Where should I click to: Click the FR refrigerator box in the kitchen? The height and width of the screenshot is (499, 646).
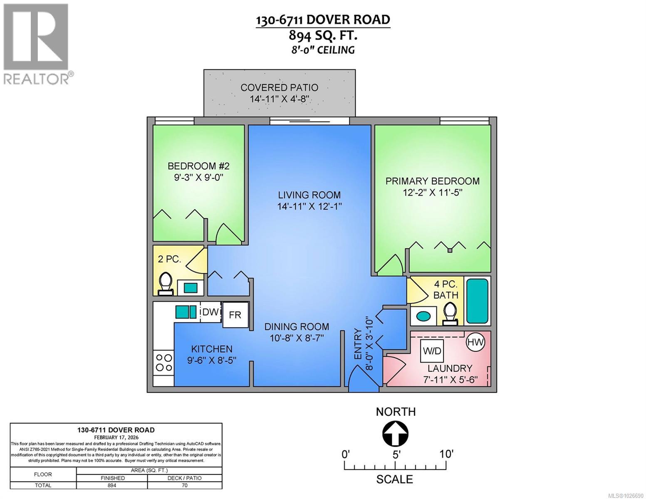coord(235,315)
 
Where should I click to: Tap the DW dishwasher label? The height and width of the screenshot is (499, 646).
coord(210,312)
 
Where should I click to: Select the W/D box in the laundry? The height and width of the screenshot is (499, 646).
coord(432,351)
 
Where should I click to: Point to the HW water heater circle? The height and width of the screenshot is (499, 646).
coord(476,343)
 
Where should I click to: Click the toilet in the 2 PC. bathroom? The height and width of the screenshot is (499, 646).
coord(166,284)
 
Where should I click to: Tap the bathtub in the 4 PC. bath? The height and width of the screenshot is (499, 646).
coord(477,301)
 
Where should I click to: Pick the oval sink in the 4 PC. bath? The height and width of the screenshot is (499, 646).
coord(423,316)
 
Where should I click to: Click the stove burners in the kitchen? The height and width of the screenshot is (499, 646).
coord(163,362)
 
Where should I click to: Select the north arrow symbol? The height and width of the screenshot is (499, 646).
coord(395,433)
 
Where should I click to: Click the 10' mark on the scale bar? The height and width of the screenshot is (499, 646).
coord(446,454)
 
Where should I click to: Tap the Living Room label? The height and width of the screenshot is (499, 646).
coord(309,195)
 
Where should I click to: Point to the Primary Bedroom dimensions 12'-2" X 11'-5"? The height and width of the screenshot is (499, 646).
coord(433,193)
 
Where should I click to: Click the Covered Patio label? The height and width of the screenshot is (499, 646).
coord(280,88)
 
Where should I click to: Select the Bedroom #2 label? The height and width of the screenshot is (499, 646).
coord(198,166)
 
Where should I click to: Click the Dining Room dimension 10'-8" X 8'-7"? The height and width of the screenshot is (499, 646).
coord(297,338)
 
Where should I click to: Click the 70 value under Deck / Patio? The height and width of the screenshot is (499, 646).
coord(185,485)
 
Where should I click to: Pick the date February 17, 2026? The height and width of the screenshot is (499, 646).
coord(116,437)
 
